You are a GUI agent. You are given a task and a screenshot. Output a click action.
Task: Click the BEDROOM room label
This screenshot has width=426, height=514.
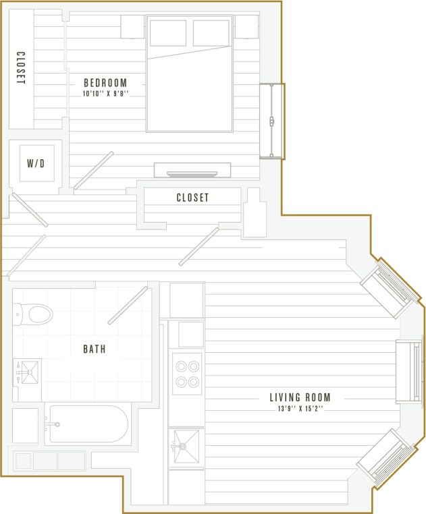point(105,83)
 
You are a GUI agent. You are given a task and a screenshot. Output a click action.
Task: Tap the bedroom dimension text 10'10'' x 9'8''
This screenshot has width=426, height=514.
point(105,94)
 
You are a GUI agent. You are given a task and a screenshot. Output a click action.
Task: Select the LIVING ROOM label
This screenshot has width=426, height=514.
point(300,397)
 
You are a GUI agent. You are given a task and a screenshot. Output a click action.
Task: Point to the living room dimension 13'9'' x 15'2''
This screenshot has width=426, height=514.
point(300,408)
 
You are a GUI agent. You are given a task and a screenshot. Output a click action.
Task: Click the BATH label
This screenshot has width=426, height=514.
point(94,349)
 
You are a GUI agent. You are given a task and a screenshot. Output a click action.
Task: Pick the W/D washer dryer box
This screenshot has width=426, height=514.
point(36,163)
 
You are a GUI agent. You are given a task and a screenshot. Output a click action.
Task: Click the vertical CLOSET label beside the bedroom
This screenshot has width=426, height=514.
point(21,69)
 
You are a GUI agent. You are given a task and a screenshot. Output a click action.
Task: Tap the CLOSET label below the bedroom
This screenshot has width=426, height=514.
point(192,198)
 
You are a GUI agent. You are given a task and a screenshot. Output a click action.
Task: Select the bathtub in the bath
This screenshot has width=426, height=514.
point(88,424)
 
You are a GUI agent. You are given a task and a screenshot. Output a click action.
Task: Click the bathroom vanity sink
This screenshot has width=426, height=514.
point(28,371)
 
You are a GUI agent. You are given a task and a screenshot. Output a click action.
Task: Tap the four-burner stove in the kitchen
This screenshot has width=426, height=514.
point(186,374)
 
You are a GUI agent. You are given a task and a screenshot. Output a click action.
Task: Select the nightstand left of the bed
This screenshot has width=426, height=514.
point(133,26)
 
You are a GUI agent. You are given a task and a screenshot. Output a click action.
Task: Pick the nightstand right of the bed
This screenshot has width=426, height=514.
point(246,26)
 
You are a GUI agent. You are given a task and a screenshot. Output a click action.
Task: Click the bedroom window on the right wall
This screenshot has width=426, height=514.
point(272,121)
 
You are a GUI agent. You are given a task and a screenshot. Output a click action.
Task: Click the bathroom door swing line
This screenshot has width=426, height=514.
point(128,306)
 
